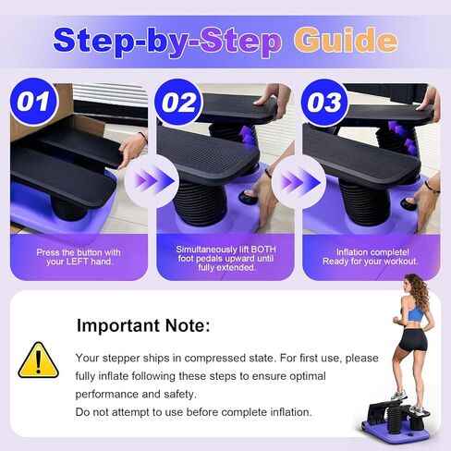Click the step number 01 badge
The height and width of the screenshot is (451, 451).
32,102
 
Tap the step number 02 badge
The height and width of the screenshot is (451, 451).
177,102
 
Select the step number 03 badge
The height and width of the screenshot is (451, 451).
323,102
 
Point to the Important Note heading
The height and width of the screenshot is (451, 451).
143,325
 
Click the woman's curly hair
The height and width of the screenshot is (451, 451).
418,288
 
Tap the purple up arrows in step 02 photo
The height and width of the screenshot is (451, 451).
245,138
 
